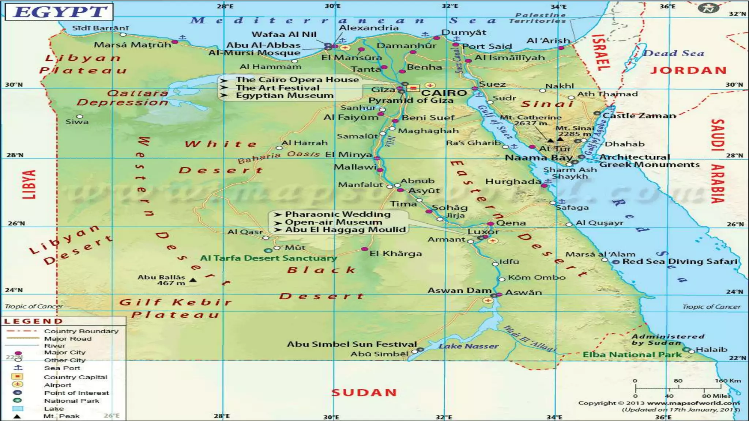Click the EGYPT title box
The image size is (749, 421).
[x=60, y=12]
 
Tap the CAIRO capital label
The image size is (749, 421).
[x=444, y=93]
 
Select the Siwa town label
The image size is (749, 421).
[x=77, y=122]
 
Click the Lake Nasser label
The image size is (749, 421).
[x=468, y=346]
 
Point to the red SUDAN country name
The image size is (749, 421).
[x=364, y=392]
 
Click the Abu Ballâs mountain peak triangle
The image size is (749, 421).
[x=193, y=280]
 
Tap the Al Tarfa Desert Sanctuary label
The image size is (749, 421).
[x=268, y=258]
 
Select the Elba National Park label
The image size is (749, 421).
[x=632, y=354]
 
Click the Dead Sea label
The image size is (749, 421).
[x=673, y=53]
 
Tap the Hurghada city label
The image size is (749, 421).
[x=513, y=182]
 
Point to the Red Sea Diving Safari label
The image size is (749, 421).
[x=680, y=261]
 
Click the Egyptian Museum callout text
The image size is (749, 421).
[x=285, y=95]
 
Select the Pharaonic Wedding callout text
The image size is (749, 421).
[x=338, y=214]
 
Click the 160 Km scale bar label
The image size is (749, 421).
[x=727, y=380]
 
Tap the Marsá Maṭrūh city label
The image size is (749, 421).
[x=132, y=45]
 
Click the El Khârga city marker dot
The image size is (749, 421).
[x=364, y=249]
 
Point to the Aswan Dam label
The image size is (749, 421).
[x=459, y=291]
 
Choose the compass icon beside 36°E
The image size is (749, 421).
[x=708, y=8]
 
